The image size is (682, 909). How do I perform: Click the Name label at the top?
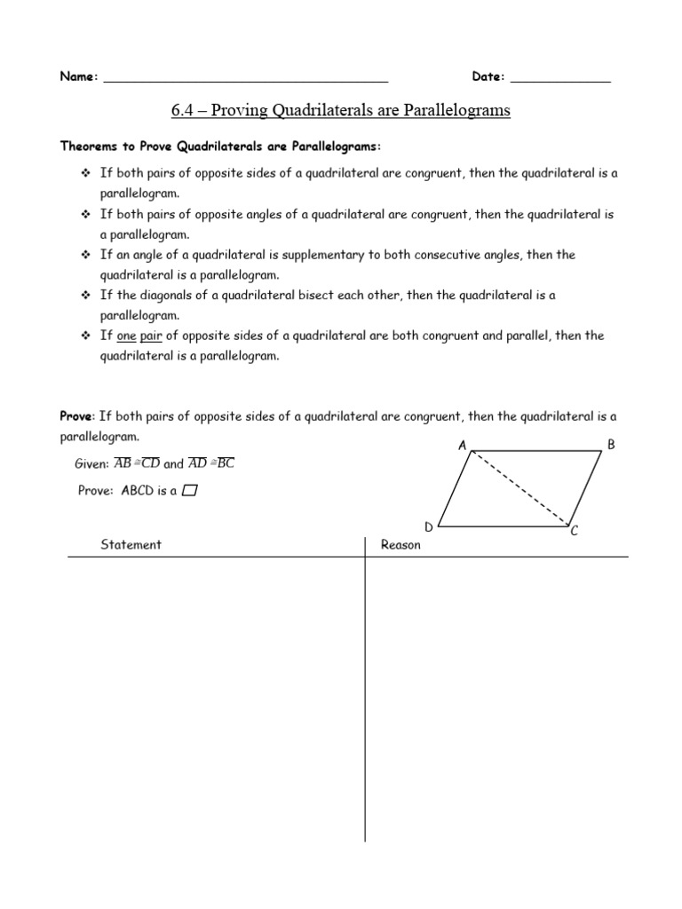click(78, 77)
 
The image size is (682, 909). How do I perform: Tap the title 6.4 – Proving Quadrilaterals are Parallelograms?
click(341, 111)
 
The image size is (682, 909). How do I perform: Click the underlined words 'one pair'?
click(138, 336)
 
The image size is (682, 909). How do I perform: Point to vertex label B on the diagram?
click(611, 444)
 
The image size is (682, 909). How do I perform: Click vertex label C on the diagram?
click(575, 531)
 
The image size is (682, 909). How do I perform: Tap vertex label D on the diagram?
click(428, 527)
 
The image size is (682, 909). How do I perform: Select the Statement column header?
click(131, 545)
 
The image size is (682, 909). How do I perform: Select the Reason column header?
click(400, 545)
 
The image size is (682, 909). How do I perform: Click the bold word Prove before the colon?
click(76, 415)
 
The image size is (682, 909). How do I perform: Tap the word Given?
click(91, 463)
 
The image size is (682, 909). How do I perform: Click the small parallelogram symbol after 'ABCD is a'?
click(188, 492)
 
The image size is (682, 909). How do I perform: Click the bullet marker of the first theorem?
click(86, 173)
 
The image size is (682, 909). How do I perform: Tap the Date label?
click(488, 77)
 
